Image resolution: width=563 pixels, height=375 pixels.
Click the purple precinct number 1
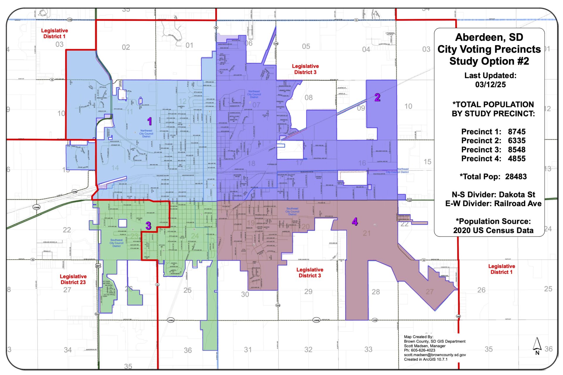[150, 121]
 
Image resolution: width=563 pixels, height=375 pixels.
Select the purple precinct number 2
[377, 98]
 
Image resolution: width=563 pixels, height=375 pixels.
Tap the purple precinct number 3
[148, 226]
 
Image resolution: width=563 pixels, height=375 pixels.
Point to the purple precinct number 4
[355, 221]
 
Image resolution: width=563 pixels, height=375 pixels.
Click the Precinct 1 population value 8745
[517, 132]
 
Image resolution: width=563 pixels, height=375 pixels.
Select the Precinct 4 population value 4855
[517, 158]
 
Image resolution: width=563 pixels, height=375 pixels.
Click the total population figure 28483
[516, 176]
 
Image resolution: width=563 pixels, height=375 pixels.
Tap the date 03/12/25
[490, 85]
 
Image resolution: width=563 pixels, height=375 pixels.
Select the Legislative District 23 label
[73, 279]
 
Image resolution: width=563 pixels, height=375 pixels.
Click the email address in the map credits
[435, 355]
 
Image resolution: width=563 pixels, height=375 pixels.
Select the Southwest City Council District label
[116, 243]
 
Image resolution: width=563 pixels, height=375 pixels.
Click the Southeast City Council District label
[292, 211]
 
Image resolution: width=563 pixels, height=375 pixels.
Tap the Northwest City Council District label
[146, 134]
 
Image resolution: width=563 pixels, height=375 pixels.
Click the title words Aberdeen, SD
[489, 37]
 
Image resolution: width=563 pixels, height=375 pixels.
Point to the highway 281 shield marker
[98, 266]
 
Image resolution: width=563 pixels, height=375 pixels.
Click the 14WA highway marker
[171, 320]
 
